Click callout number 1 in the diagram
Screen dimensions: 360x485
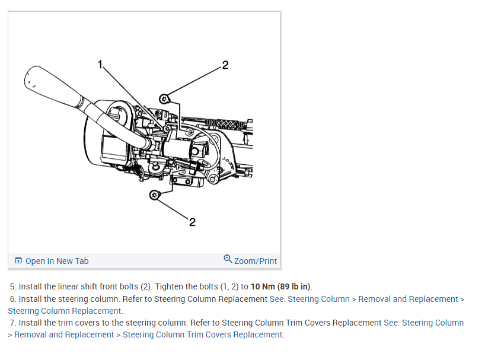101,63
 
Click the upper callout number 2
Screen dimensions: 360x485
225,65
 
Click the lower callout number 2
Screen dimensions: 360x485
192,222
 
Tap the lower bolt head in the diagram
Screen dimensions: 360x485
154,195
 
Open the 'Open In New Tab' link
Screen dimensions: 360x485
57,261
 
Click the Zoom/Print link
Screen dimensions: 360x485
256,261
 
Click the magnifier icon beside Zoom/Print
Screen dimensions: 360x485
228,259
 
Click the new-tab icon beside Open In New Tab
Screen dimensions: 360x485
18,261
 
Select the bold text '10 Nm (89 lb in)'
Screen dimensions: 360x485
280,287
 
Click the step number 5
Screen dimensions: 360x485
12,287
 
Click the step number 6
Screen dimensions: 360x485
12,299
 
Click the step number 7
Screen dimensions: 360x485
12,323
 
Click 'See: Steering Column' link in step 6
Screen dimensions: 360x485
309,299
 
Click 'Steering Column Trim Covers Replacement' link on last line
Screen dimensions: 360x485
203,334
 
